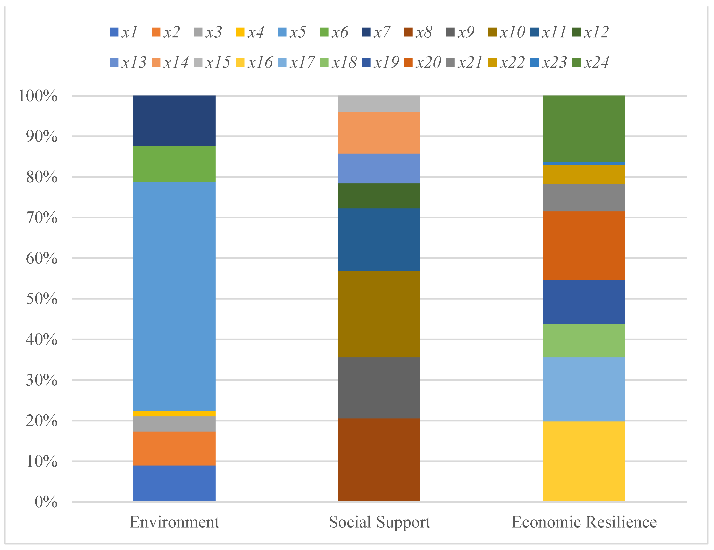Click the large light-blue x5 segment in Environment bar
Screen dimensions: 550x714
click(174, 296)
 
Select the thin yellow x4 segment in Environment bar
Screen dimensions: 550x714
click(174, 413)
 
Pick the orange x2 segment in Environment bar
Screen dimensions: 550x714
click(174, 448)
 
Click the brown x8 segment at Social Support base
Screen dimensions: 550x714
click(379, 459)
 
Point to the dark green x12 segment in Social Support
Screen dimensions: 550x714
click(379, 196)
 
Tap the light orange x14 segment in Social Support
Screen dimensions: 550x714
click(379, 133)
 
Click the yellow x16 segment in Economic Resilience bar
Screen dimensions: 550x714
click(584, 461)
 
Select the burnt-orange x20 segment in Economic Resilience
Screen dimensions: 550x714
click(584, 246)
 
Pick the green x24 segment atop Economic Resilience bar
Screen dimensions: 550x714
click(584, 128)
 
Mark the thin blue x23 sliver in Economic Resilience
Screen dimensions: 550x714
click(584, 163)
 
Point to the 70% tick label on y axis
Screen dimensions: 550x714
click(42, 218)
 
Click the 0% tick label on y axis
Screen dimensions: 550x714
click(46, 502)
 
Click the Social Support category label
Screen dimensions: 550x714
click(379, 522)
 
